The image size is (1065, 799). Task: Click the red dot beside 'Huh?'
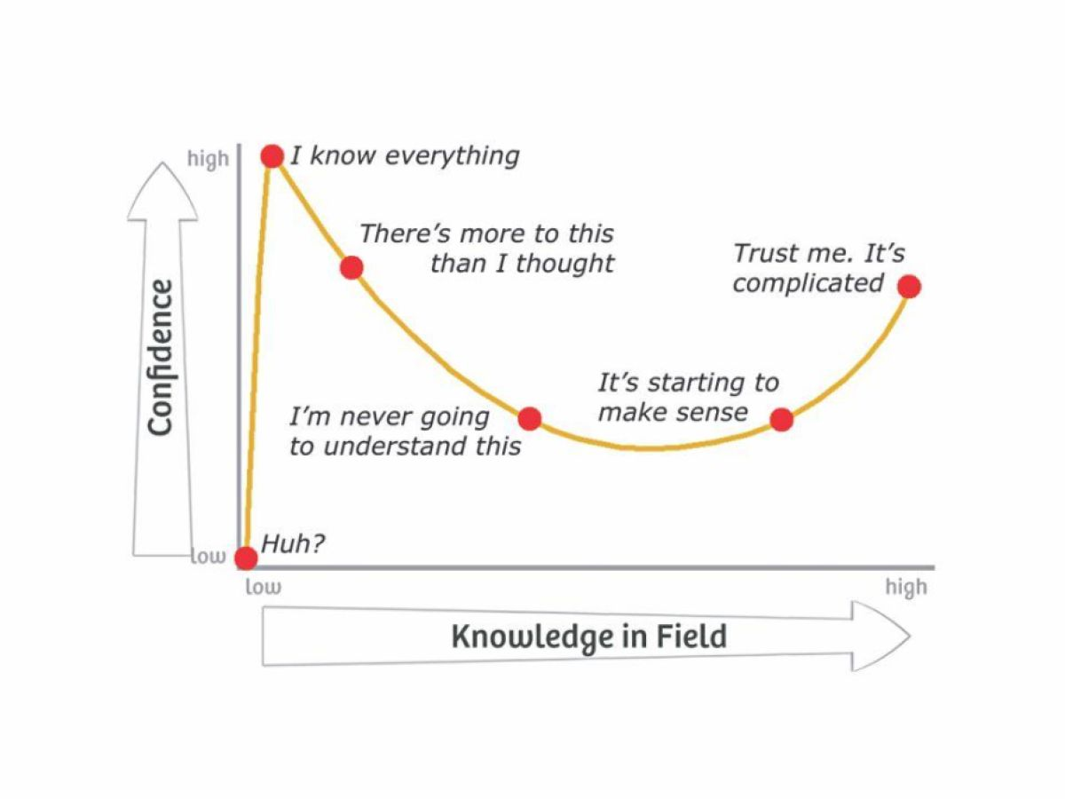click(246, 558)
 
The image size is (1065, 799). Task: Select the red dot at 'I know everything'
click(272, 156)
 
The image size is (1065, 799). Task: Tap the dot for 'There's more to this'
click(351, 266)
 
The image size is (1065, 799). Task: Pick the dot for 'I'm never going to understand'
click(530, 418)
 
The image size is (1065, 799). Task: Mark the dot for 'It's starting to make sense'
click(781, 419)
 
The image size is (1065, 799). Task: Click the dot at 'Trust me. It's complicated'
click(909, 286)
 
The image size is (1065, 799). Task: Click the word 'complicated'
click(808, 283)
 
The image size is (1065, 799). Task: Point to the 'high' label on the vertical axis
click(208, 160)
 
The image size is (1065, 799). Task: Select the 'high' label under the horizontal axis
click(905, 587)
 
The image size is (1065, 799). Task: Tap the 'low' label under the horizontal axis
click(263, 587)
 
